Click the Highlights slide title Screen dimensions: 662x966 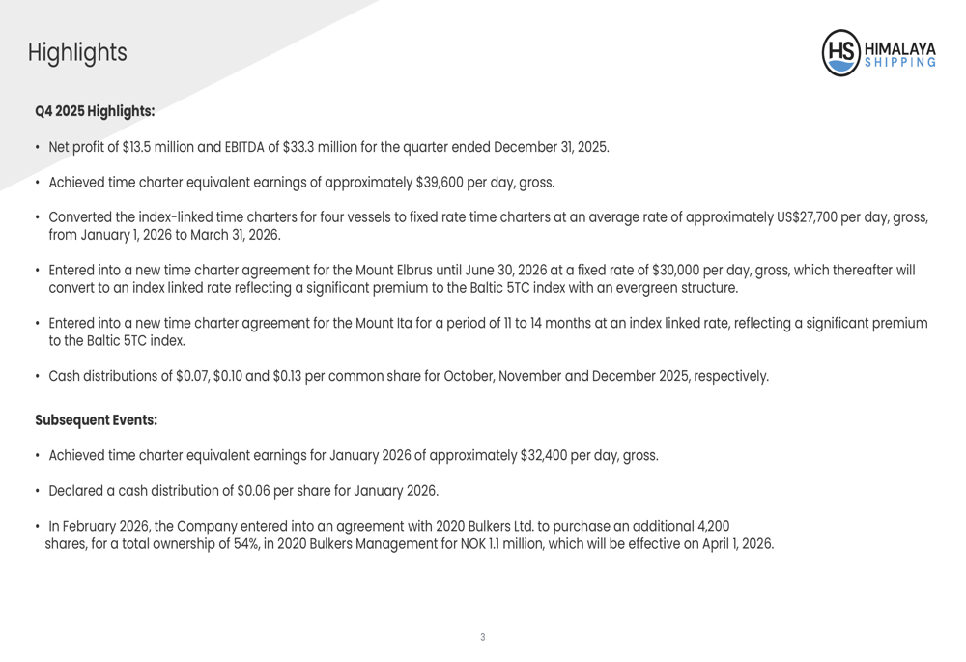coord(77,53)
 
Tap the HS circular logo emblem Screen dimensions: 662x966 coord(841,53)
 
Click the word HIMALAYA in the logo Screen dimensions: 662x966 coord(899,45)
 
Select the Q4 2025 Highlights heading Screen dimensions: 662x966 coord(95,111)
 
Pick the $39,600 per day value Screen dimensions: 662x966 coord(439,183)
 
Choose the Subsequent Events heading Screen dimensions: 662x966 coord(96,420)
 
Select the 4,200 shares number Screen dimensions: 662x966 coord(713,527)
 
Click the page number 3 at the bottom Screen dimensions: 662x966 coord(483,637)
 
